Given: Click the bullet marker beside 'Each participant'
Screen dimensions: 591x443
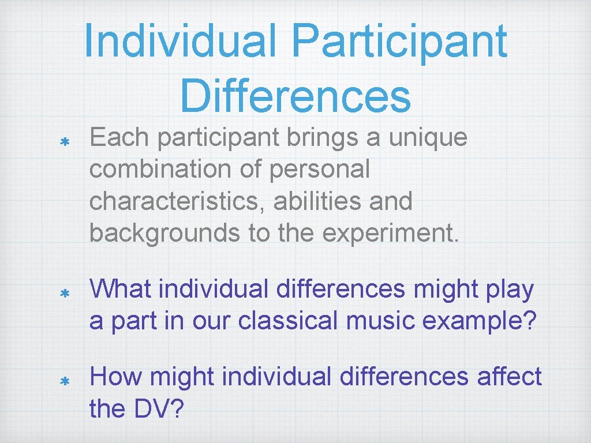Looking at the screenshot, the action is pos(65,141).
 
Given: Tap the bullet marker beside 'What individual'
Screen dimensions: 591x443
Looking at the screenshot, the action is pos(65,293).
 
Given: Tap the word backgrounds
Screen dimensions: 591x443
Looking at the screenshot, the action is pos(164,233).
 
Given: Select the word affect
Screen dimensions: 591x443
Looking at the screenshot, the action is pos(509,377).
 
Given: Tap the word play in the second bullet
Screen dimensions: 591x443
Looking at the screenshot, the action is pos(510,290).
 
